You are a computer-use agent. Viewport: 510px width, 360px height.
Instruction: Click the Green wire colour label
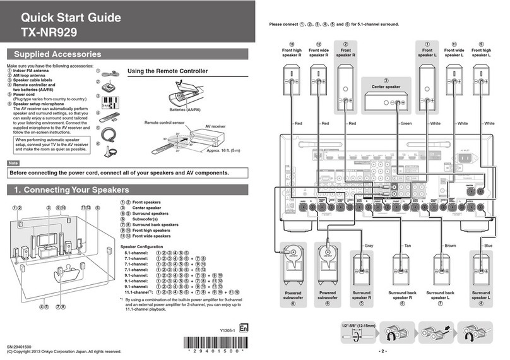(x=406, y=123)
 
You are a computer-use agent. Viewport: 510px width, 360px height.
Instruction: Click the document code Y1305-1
(x=227, y=330)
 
